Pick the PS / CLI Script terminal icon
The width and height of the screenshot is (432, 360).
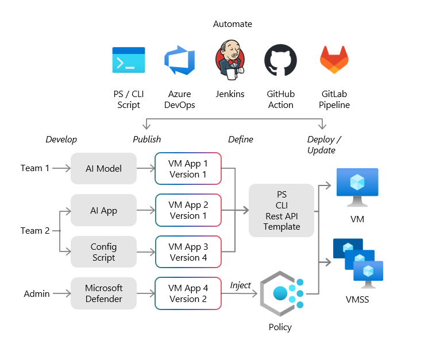point(129,61)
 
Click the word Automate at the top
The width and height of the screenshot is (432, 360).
point(233,24)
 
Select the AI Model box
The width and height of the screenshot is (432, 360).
point(103,168)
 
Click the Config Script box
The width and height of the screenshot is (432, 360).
point(103,252)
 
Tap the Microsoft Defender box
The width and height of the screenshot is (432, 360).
point(103,293)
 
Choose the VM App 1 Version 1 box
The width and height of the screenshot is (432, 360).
point(188,168)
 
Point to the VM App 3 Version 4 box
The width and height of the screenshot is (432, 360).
point(188,252)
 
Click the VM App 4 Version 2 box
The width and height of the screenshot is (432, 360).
point(188,293)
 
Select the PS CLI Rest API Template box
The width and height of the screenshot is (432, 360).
point(281,210)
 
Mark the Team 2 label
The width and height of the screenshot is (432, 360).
point(35,231)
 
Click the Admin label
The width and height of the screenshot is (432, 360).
point(37,294)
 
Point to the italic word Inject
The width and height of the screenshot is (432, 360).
point(241,285)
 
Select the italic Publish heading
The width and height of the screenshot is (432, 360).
point(147,140)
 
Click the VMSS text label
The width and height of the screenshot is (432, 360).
point(357,300)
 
